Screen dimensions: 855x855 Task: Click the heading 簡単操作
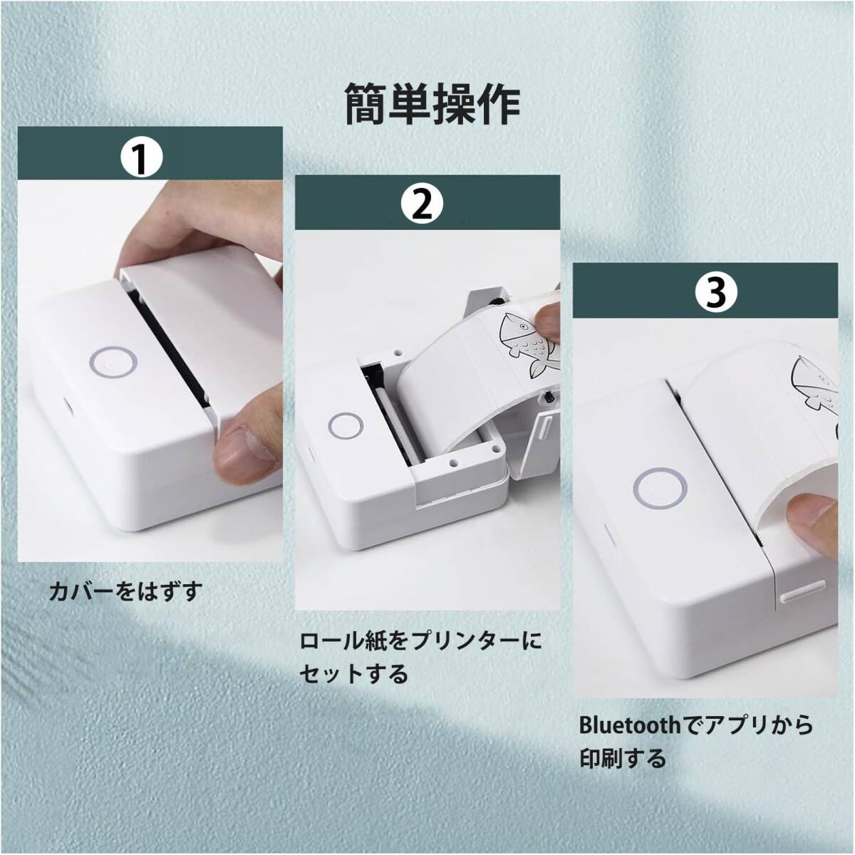click(432, 104)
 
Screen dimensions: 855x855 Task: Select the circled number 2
click(422, 203)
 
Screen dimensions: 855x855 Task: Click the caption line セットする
click(353, 688)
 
